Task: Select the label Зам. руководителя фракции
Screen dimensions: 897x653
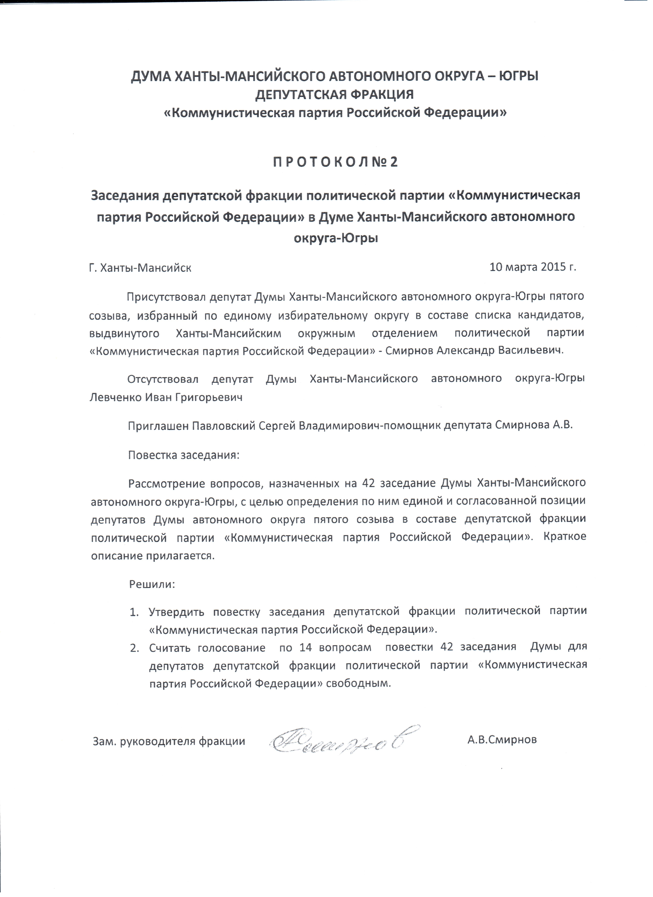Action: (169, 741)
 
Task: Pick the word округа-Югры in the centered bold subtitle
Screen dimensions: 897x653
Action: (336, 238)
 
